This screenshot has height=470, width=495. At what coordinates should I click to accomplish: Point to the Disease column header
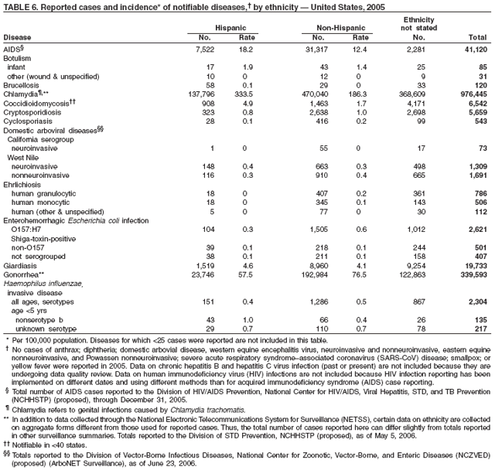17,36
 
